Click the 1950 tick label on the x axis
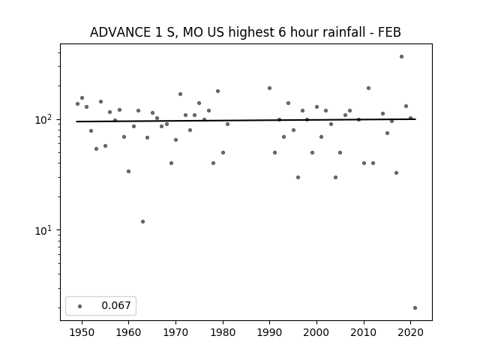(82, 332)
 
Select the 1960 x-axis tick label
(128, 332)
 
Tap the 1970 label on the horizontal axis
(175, 332)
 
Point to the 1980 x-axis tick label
(223, 332)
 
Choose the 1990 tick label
(270, 332)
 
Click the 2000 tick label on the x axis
(316, 332)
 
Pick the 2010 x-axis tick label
(364, 332)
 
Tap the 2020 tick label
(411, 332)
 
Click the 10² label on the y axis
(43, 119)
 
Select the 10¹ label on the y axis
(43, 230)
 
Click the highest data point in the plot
(402, 57)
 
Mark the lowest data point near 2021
(415, 308)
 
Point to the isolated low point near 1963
(143, 222)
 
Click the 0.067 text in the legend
(116, 305)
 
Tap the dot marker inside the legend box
(80, 306)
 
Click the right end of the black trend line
(415, 119)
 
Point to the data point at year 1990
(270, 88)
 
